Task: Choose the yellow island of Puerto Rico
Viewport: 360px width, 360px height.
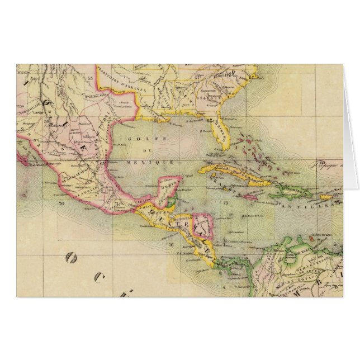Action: point(326,197)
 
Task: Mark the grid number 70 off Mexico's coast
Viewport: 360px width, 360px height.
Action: point(61,205)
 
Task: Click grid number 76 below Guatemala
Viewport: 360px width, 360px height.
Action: point(170,244)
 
